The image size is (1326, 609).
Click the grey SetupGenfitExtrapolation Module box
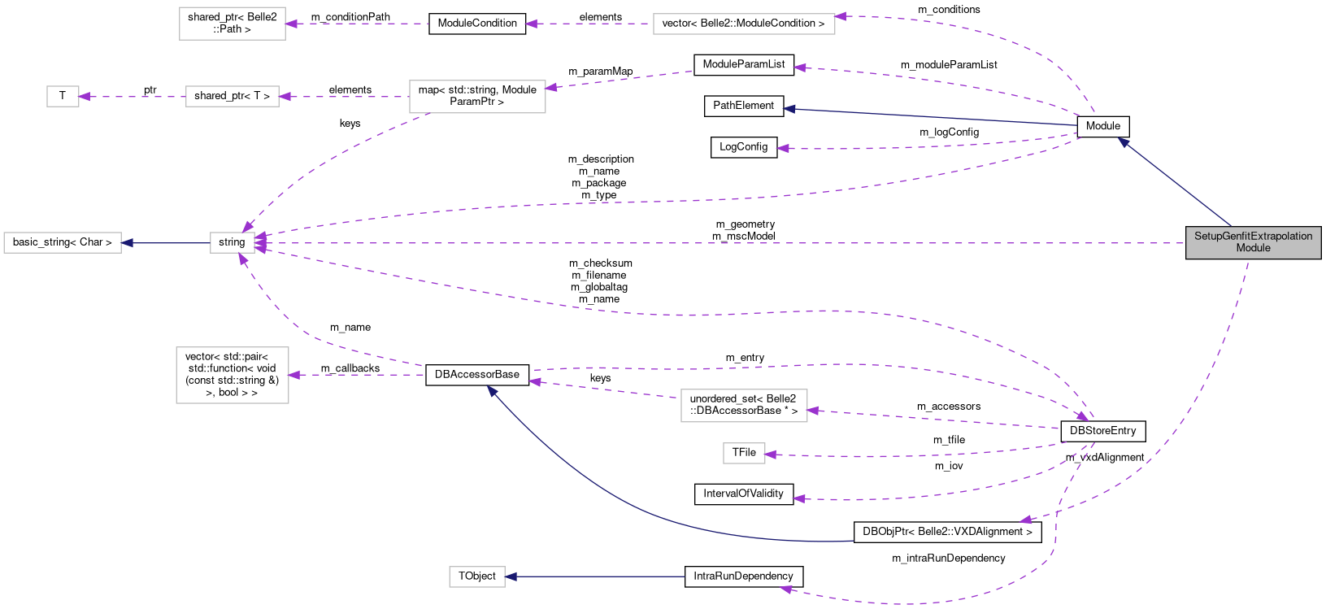tap(1253, 242)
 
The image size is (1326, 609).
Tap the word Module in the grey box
tap(1253, 248)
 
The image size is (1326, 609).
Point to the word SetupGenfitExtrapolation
tap(1253, 236)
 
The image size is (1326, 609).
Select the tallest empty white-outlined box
tap(233, 375)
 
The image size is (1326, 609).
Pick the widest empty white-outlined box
tap(744, 24)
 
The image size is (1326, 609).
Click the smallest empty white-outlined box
tap(63, 96)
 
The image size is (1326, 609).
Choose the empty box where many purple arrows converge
tap(233, 242)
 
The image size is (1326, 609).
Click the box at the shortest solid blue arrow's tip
tap(63, 242)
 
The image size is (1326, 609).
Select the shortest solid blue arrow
tap(166, 242)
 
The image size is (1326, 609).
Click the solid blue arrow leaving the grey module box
tap(1175, 183)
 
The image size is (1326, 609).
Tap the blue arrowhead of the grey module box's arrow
tap(1124, 142)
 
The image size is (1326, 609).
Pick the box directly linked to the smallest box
tap(232, 96)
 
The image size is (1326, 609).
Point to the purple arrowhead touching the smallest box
tap(84, 97)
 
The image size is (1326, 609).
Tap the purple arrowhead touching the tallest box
tap(294, 375)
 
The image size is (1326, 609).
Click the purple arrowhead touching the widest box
tap(841, 16)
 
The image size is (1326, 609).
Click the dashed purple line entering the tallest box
tap(358, 375)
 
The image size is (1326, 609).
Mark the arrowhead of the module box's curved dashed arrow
tap(1025, 520)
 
